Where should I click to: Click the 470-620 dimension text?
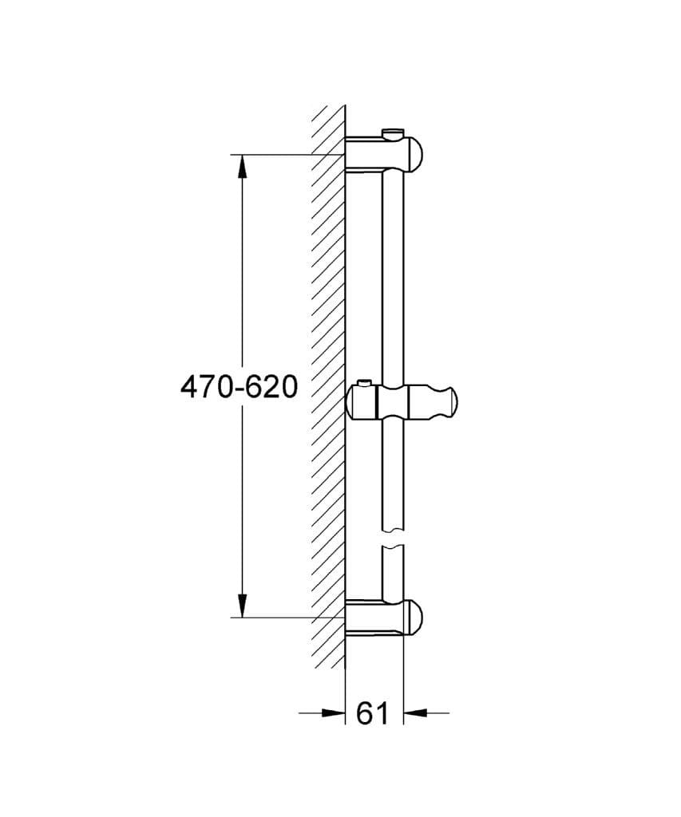[x=239, y=388]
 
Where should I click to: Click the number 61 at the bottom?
[x=372, y=712]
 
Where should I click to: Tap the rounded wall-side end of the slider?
[x=353, y=401]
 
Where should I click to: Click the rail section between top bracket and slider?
[x=393, y=271]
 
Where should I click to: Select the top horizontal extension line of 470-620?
[x=279, y=154]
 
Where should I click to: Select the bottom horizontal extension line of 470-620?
[x=279, y=617]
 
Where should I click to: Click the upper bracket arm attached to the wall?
[x=367, y=154]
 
